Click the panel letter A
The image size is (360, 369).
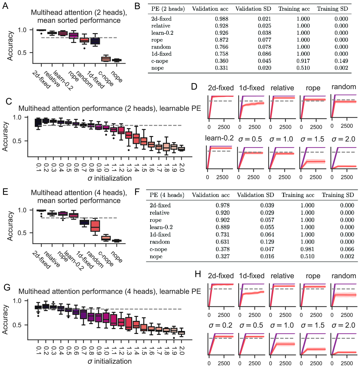coord(5,6)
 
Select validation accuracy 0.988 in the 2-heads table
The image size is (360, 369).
coord(222,19)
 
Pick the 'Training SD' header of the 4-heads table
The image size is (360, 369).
coord(338,195)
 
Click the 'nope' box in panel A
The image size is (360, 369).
coord(117,60)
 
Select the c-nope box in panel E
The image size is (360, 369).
coord(106,238)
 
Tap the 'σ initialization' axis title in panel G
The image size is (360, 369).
coord(110,361)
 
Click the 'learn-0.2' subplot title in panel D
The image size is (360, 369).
coord(219,138)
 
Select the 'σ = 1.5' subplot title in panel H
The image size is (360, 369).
coord(313,325)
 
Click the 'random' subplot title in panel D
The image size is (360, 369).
coord(344,87)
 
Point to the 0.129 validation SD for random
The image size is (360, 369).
coord(267,242)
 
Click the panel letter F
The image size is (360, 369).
coord(137,192)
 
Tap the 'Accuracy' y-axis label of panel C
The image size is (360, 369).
coord(5,136)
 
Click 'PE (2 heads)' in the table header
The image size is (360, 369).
coord(168,9)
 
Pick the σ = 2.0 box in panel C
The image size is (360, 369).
coord(181,149)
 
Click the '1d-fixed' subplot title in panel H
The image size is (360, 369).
coord(252,276)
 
